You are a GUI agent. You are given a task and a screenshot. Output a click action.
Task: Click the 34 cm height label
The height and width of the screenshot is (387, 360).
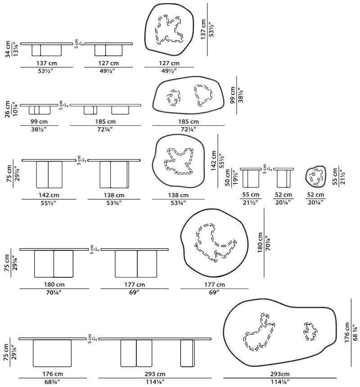pyautogui.click(x=8, y=49)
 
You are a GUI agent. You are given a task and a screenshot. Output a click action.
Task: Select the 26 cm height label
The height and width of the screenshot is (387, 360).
pyautogui.click(x=7, y=109)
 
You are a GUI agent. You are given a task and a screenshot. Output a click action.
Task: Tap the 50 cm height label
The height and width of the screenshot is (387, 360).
pyautogui.click(x=227, y=178)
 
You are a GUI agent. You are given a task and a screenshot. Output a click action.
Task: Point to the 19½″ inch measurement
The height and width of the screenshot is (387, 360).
pyautogui.click(x=235, y=177)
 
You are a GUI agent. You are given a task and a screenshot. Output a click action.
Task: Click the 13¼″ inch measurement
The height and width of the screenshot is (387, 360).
pyautogui.click(x=15, y=49)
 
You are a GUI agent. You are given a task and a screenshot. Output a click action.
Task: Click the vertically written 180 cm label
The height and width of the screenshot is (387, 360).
pyautogui.click(x=260, y=242)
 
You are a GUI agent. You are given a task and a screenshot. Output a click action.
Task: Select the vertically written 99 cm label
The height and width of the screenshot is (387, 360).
pyautogui.click(x=232, y=95)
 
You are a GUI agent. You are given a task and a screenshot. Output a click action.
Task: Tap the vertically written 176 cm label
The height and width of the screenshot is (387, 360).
pyautogui.click(x=347, y=332)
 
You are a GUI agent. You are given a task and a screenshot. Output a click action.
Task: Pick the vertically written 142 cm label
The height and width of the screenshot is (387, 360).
pyautogui.click(x=214, y=160)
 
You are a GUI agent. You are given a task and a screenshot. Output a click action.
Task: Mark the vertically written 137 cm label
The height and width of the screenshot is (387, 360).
pyautogui.click(x=203, y=29)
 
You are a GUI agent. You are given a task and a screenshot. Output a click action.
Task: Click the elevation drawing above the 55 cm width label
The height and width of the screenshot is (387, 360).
pyautogui.click(x=251, y=178)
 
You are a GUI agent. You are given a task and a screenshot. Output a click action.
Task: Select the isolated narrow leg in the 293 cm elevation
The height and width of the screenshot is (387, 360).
pyautogui.click(x=187, y=353)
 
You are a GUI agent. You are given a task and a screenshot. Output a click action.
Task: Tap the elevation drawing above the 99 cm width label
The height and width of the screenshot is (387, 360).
pyautogui.click(x=39, y=109)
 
